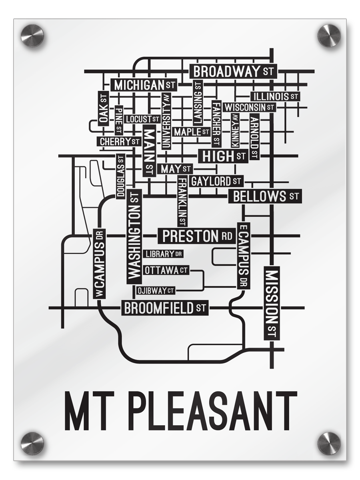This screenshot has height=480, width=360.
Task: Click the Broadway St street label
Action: pyautogui.click(x=233, y=72)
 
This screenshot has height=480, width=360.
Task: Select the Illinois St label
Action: pyautogui.click(x=275, y=96)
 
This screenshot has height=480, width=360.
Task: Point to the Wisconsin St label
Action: pyautogui.click(x=249, y=107)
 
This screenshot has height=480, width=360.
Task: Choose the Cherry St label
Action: pyautogui.click(x=119, y=142)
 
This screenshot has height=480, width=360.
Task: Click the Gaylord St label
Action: pyautogui.click(x=216, y=181)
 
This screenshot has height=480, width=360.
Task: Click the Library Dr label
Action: pyautogui.click(x=163, y=254)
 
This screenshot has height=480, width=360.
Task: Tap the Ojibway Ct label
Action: pyautogui.click(x=156, y=291)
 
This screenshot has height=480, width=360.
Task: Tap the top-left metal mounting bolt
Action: pyautogui.click(x=32, y=36)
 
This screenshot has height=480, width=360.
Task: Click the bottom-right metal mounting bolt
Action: pyautogui.click(x=329, y=443)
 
